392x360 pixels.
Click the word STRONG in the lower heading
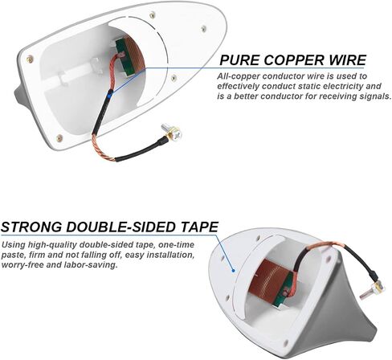click(31, 227)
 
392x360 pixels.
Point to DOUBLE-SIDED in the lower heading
click(121, 227)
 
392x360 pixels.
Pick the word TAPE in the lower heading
click(199, 227)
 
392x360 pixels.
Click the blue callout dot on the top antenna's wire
click(110, 92)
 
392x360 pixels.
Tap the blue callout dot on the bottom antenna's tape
click(234, 271)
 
